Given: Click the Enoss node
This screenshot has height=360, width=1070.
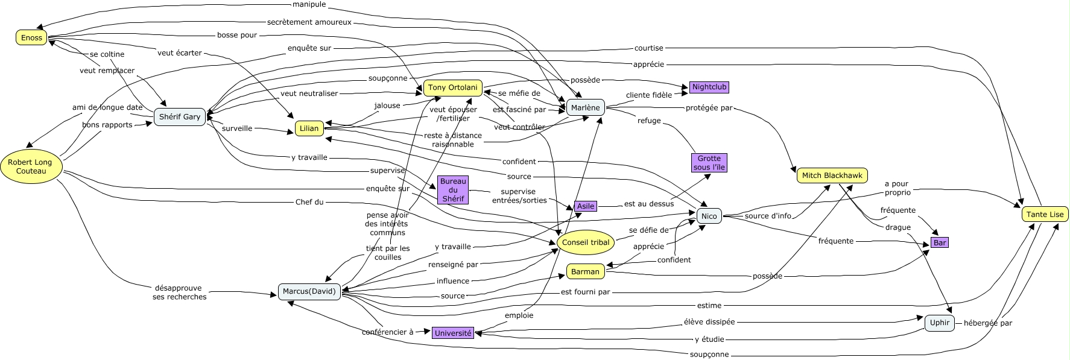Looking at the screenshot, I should (32, 37).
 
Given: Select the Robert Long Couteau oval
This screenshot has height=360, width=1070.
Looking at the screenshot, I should (30, 166).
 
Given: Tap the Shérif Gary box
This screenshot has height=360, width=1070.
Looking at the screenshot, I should (180, 116).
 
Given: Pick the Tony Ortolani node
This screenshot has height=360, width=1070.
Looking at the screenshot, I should (452, 88).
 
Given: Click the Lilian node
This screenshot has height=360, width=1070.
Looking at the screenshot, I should (309, 128).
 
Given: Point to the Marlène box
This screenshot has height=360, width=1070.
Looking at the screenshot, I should (585, 107).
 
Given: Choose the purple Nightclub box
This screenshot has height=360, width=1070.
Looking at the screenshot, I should (709, 87).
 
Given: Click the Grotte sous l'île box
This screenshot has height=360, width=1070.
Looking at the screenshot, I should (709, 163).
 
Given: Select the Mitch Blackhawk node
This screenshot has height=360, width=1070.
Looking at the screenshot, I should (832, 176).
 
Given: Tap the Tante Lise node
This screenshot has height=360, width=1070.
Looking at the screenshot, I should (1045, 214).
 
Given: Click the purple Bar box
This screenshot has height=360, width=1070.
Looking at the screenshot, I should (940, 242).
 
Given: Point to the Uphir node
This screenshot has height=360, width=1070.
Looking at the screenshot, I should (939, 323).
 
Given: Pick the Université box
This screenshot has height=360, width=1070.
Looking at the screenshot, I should (453, 333).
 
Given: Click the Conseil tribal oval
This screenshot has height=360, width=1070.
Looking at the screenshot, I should (585, 242).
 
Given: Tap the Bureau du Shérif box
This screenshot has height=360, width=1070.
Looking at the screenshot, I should (453, 190).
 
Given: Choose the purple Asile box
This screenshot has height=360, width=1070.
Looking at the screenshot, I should (585, 206).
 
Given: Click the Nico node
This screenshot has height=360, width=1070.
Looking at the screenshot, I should (709, 216).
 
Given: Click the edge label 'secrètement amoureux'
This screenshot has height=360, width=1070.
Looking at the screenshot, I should (309, 22).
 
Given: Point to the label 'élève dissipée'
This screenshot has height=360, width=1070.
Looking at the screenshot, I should (709, 322).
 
